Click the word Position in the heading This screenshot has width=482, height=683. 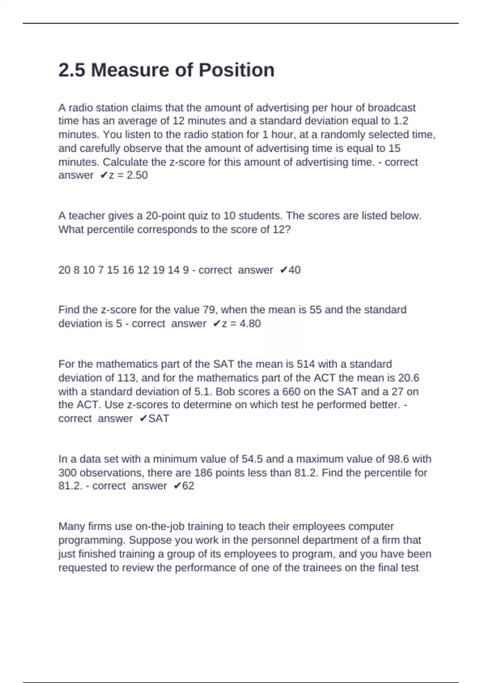click(237, 70)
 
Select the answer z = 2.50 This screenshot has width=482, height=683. click(128, 176)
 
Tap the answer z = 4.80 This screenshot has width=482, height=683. click(241, 324)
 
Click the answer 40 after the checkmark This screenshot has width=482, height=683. click(294, 270)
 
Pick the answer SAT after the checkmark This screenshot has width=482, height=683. click(159, 419)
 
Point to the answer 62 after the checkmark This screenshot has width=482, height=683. click(188, 486)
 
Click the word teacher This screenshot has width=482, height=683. click(87, 216)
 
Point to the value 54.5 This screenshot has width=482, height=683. click(252, 459)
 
